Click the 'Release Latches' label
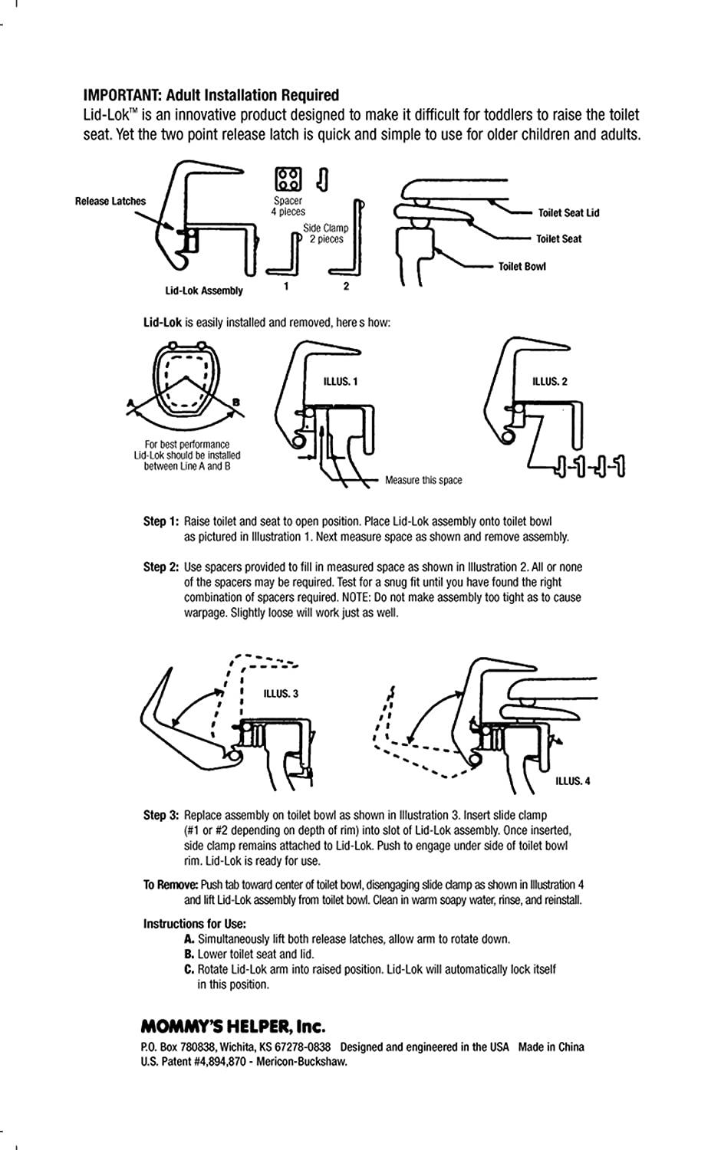click(x=110, y=202)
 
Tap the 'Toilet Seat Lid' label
click(x=568, y=213)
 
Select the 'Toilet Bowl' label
click(x=522, y=267)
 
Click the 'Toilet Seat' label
click(x=558, y=239)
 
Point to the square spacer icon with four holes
click(x=288, y=179)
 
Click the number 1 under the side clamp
click(x=285, y=287)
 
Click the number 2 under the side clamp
click(x=346, y=287)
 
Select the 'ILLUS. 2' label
click(x=549, y=382)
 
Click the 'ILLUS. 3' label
click(x=281, y=694)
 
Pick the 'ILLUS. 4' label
click(x=573, y=782)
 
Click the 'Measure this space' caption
click(x=423, y=481)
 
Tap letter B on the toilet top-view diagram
click(x=235, y=401)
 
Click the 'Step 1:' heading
click(x=160, y=521)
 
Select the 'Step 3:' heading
click(x=160, y=815)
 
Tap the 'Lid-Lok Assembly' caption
click(x=203, y=291)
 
